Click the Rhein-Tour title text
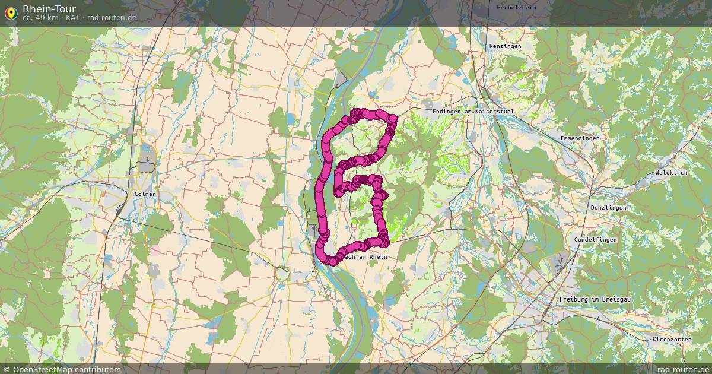[x=49, y=8]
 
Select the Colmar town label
[x=145, y=194]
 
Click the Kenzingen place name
[x=505, y=46]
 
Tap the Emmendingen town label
[x=580, y=138]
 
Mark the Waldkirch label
[x=671, y=172]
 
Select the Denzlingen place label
[x=608, y=208]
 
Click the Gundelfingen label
[x=595, y=240]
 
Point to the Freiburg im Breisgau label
[x=595, y=299]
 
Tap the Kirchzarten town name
[x=672, y=340]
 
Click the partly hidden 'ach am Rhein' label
[x=365, y=257]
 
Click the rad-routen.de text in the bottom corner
[x=683, y=369]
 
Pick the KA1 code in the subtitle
[x=72, y=18]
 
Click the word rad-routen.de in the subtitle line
[x=112, y=18]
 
